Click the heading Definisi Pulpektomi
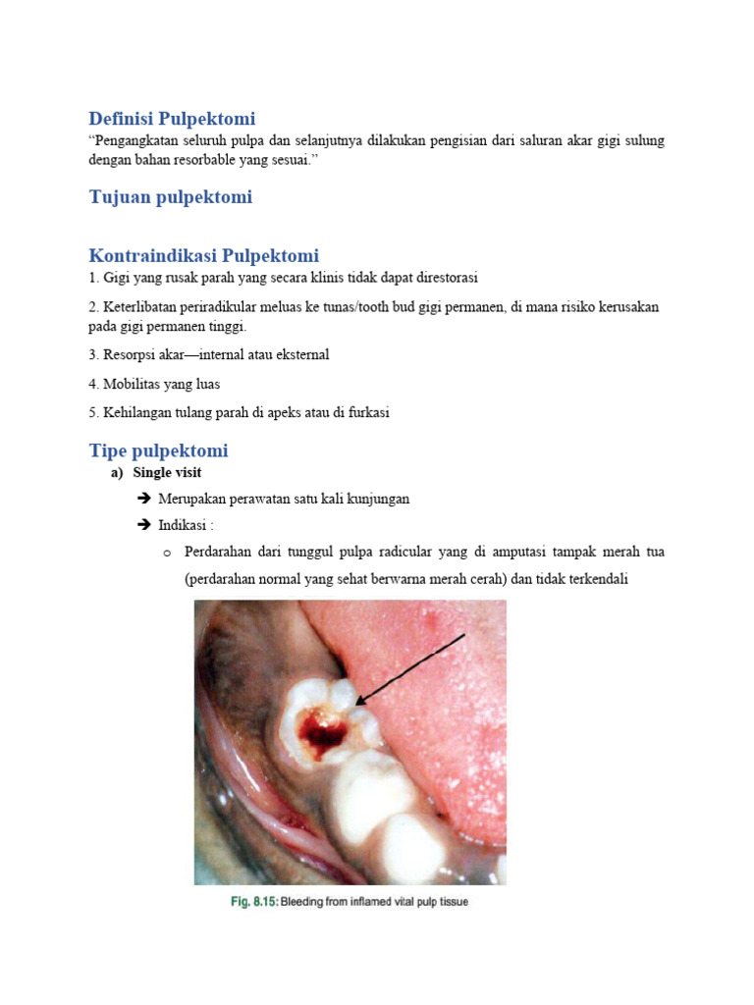click(x=172, y=119)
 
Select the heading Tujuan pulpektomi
click(x=171, y=197)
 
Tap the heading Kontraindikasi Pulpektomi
click(x=204, y=256)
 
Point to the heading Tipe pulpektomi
click(x=159, y=451)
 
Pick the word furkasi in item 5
click(x=368, y=413)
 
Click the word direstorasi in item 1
click(x=444, y=278)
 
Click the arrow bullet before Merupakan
click(x=145, y=499)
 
